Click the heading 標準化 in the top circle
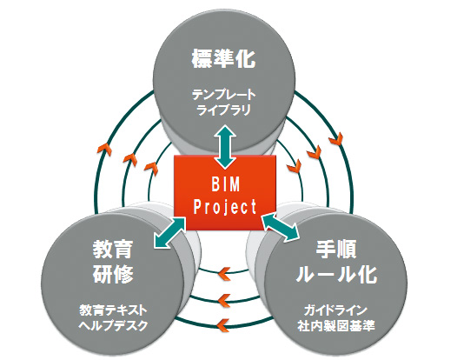(223, 58)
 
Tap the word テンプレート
(223, 95)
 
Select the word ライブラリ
(223, 110)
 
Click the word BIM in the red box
(226, 184)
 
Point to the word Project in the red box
(225, 206)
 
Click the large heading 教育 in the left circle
(113, 250)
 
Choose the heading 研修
(113, 274)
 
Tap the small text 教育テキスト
(113, 310)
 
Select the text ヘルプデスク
(113, 325)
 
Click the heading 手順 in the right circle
(336, 249)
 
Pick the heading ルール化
(336, 274)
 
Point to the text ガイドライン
(336, 310)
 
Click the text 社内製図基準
(336, 325)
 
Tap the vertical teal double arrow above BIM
(225, 147)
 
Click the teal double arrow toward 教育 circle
(169, 233)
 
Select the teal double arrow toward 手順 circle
(281, 227)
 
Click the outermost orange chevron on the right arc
(336, 138)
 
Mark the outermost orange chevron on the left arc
(105, 150)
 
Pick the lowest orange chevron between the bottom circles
(223, 325)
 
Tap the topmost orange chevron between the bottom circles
(224, 274)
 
